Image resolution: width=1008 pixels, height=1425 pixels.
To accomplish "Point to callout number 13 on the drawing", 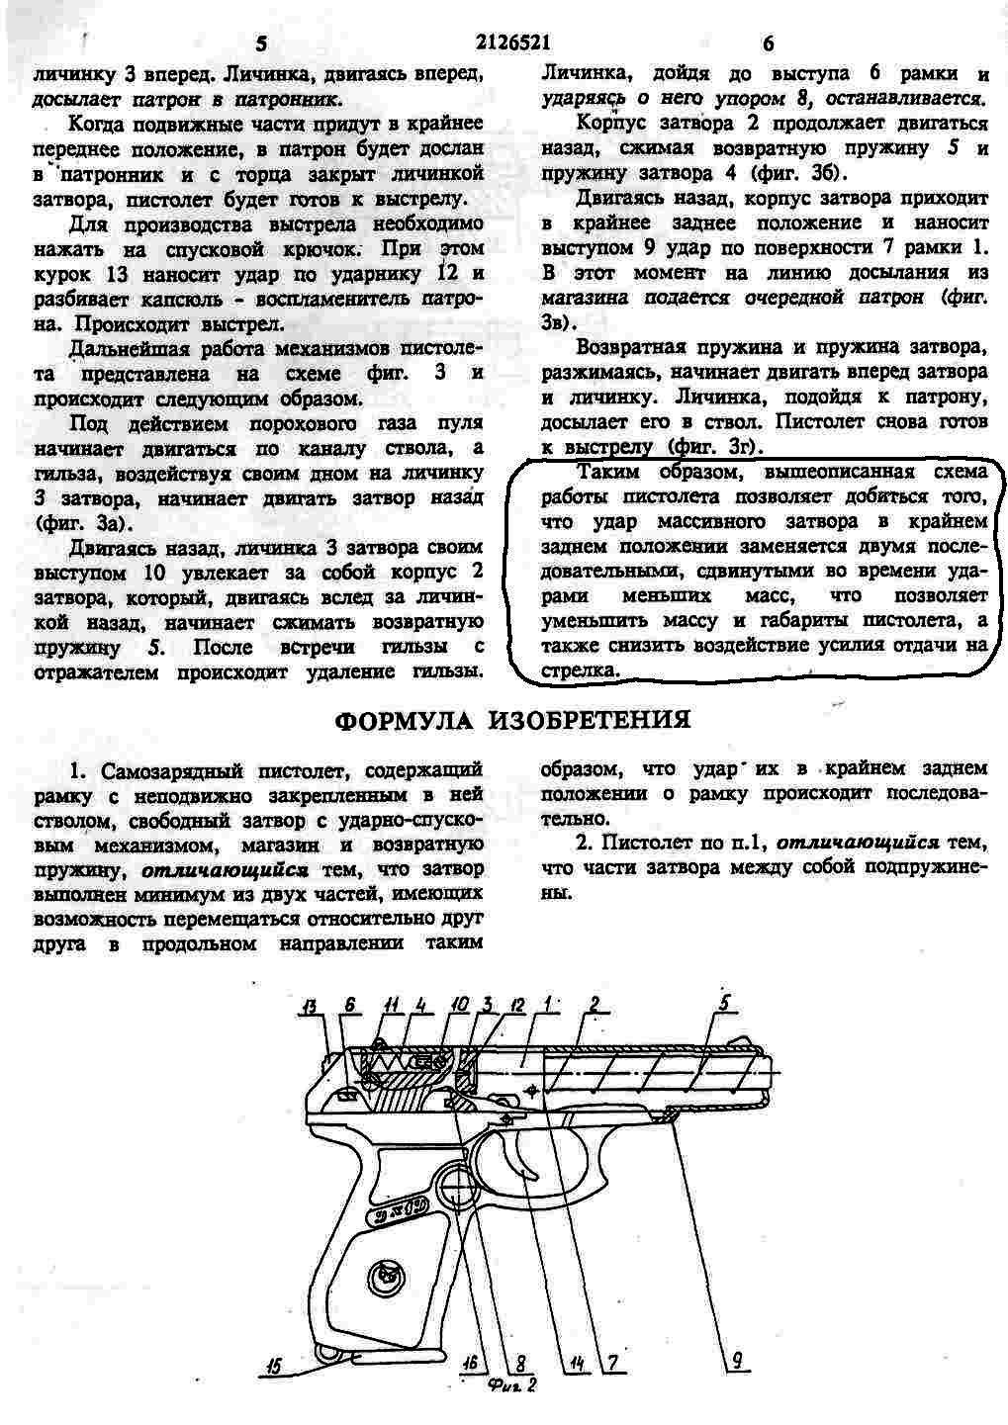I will tap(312, 1010).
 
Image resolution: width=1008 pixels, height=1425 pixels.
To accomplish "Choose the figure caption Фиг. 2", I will tap(511, 1384).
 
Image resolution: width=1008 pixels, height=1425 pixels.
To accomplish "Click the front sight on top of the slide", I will tap(740, 1039).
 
